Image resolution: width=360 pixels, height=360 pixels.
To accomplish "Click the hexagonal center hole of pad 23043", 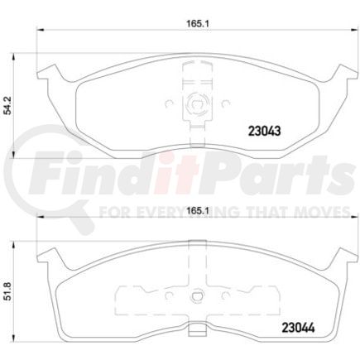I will pyautogui.click(x=196, y=105).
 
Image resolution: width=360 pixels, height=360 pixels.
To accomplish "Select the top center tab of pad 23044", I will pyautogui.click(x=196, y=243).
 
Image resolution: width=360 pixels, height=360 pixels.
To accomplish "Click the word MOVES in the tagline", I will pyautogui.click(x=319, y=212).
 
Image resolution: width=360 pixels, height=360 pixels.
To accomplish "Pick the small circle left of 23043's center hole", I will pyautogui.click(x=169, y=105).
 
